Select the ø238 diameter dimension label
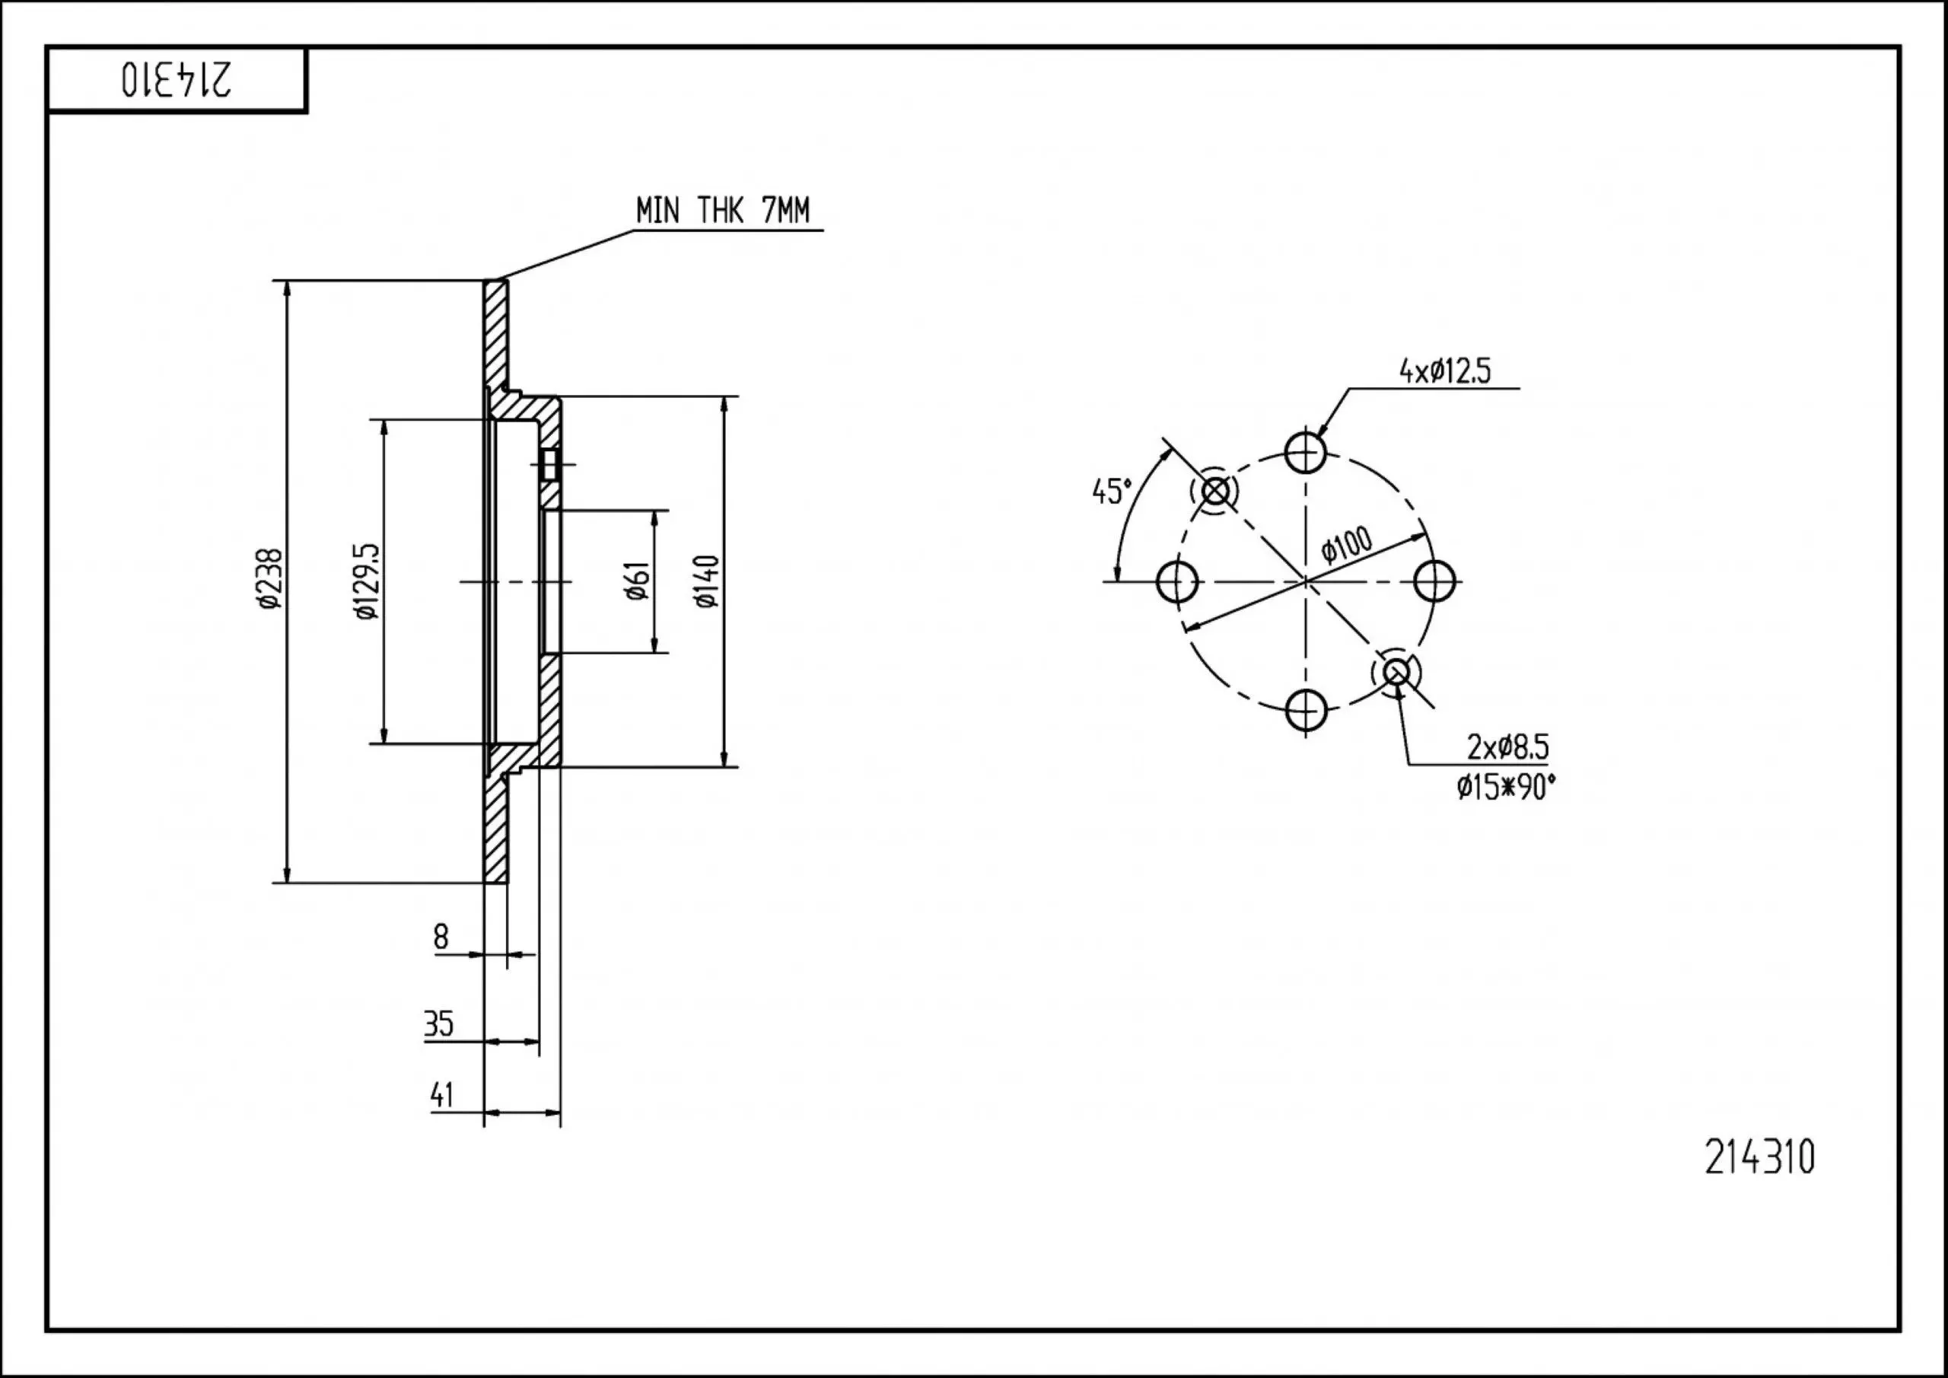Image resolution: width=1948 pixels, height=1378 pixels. (x=271, y=580)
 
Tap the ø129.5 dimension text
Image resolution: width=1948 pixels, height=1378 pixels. (x=367, y=581)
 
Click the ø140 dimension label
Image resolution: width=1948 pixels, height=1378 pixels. (x=706, y=581)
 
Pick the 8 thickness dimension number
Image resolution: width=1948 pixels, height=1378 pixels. (x=441, y=937)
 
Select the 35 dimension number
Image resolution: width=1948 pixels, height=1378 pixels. (x=438, y=1024)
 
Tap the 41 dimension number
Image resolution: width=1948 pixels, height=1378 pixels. (x=442, y=1095)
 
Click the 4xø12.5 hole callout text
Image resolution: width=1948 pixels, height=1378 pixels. (x=1445, y=371)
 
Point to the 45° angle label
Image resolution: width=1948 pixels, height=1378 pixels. (x=1112, y=492)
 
